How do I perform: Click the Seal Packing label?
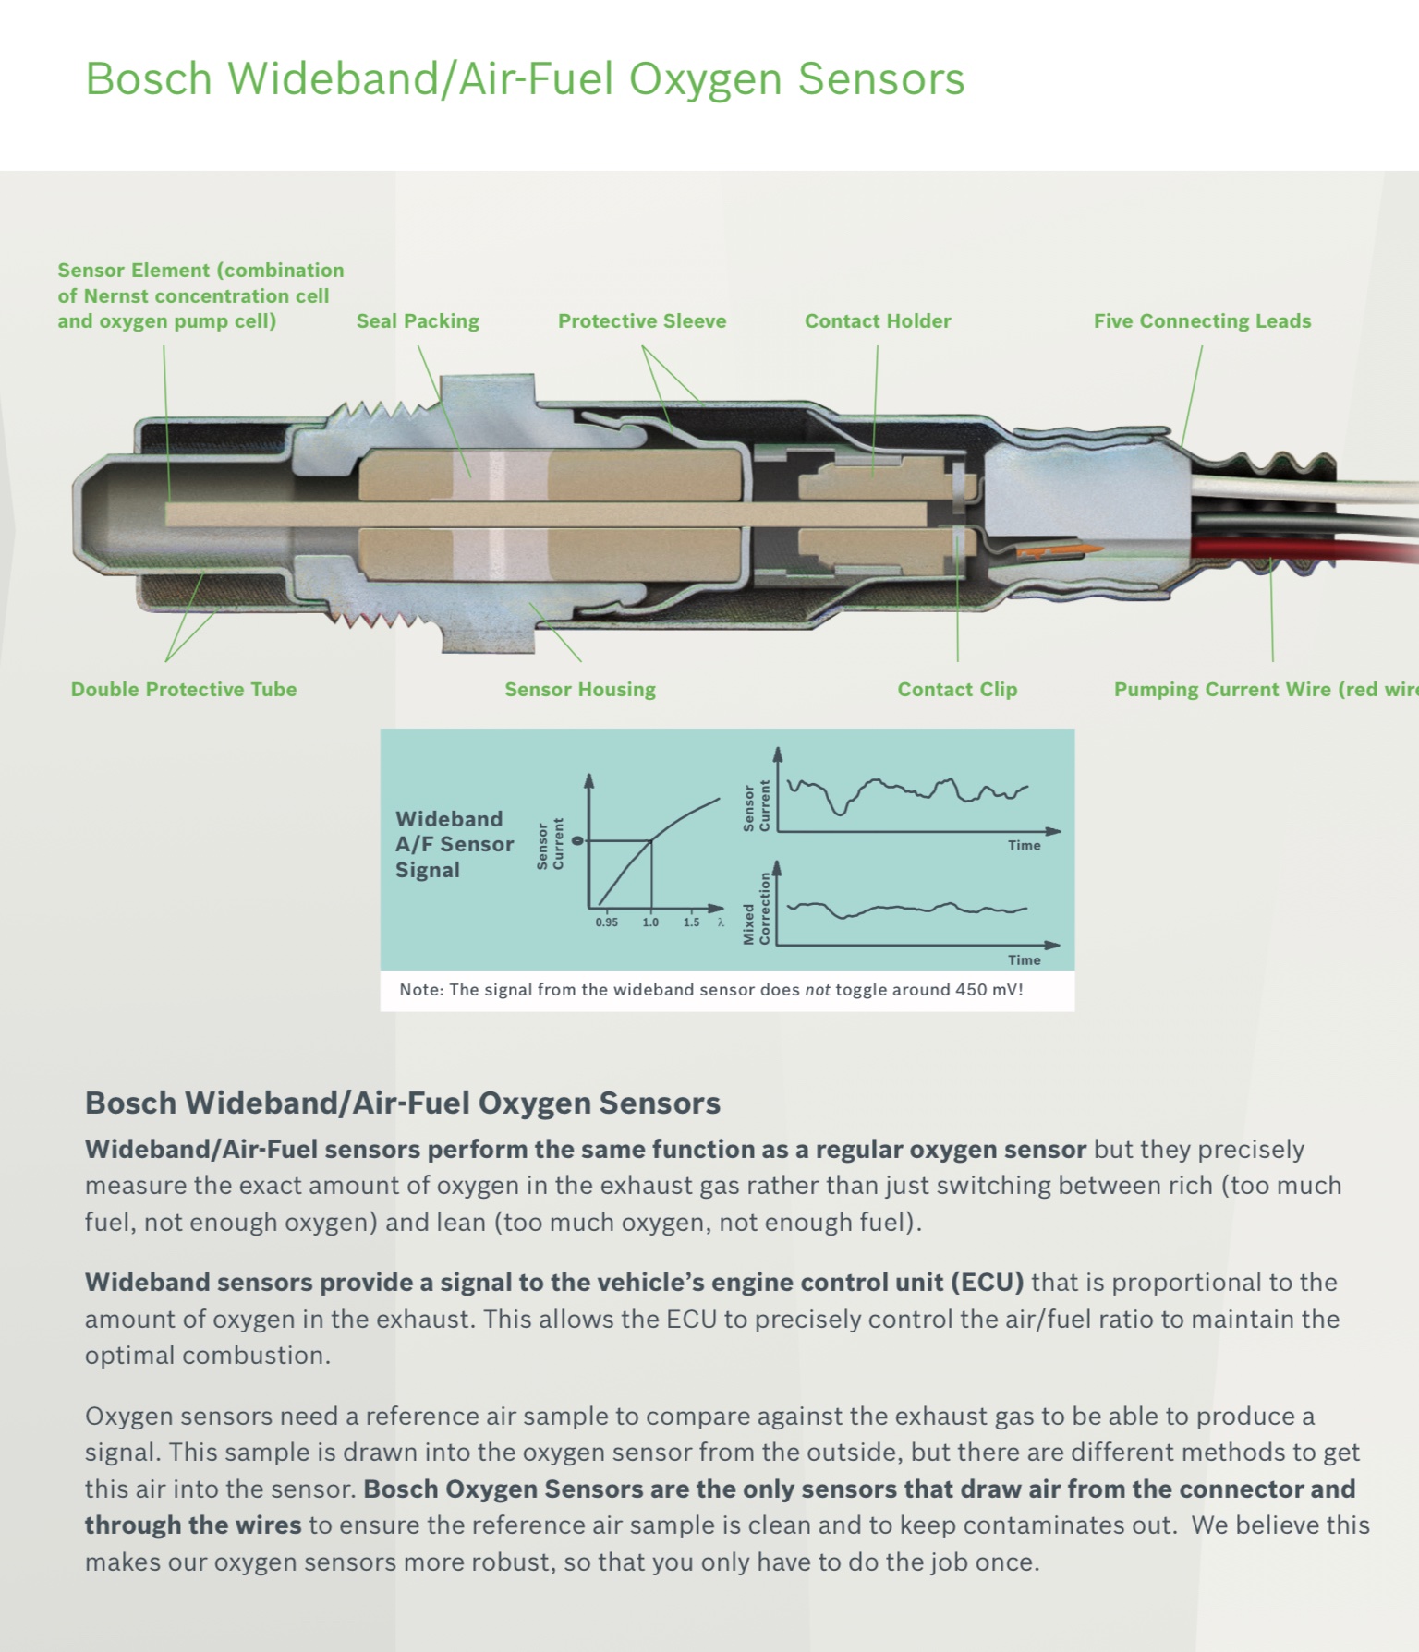[x=418, y=321]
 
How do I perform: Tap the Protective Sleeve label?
[x=642, y=321]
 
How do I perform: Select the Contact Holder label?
[x=878, y=321]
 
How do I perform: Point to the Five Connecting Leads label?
[x=1202, y=321]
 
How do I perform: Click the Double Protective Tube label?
[x=184, y=690]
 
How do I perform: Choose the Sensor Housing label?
[x=580, y=690]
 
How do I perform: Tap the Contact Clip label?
[x=957, y=690]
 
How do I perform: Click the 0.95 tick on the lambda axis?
[x=607, y=922]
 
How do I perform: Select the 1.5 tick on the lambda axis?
[x=691, y=922]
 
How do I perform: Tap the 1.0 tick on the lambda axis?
[x=650, y=922]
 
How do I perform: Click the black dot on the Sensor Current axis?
[x=578, y=840]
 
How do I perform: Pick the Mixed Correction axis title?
[x=756, y=910]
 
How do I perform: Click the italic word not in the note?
[x=817, y=990]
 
